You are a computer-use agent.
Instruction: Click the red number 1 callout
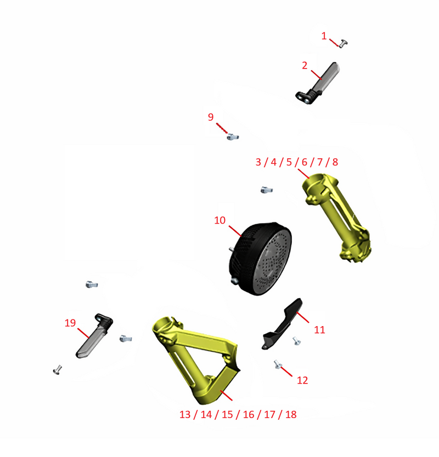point(324,36)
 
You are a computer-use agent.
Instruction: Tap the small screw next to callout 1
point(343,43)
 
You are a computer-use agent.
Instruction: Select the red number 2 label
point(305,66)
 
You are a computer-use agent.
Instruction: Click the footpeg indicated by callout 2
point(318,83)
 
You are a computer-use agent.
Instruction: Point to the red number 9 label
point(211,117)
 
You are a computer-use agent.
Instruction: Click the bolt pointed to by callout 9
point(233,136)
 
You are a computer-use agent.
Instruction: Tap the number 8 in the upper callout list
point(335,162)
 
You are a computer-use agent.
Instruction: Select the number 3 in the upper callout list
point(258,162)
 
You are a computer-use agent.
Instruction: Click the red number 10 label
point(220,220)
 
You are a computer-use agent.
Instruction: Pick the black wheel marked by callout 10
point(260,259)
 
